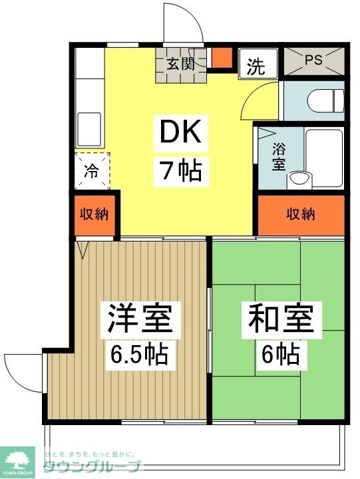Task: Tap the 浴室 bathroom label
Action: (x=279, y=156)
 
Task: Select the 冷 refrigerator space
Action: (x=90, y=170)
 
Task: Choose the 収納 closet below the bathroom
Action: (x=301, y=214)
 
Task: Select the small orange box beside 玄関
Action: (x=222, y=58)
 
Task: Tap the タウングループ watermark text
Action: (x=92, y=467)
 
